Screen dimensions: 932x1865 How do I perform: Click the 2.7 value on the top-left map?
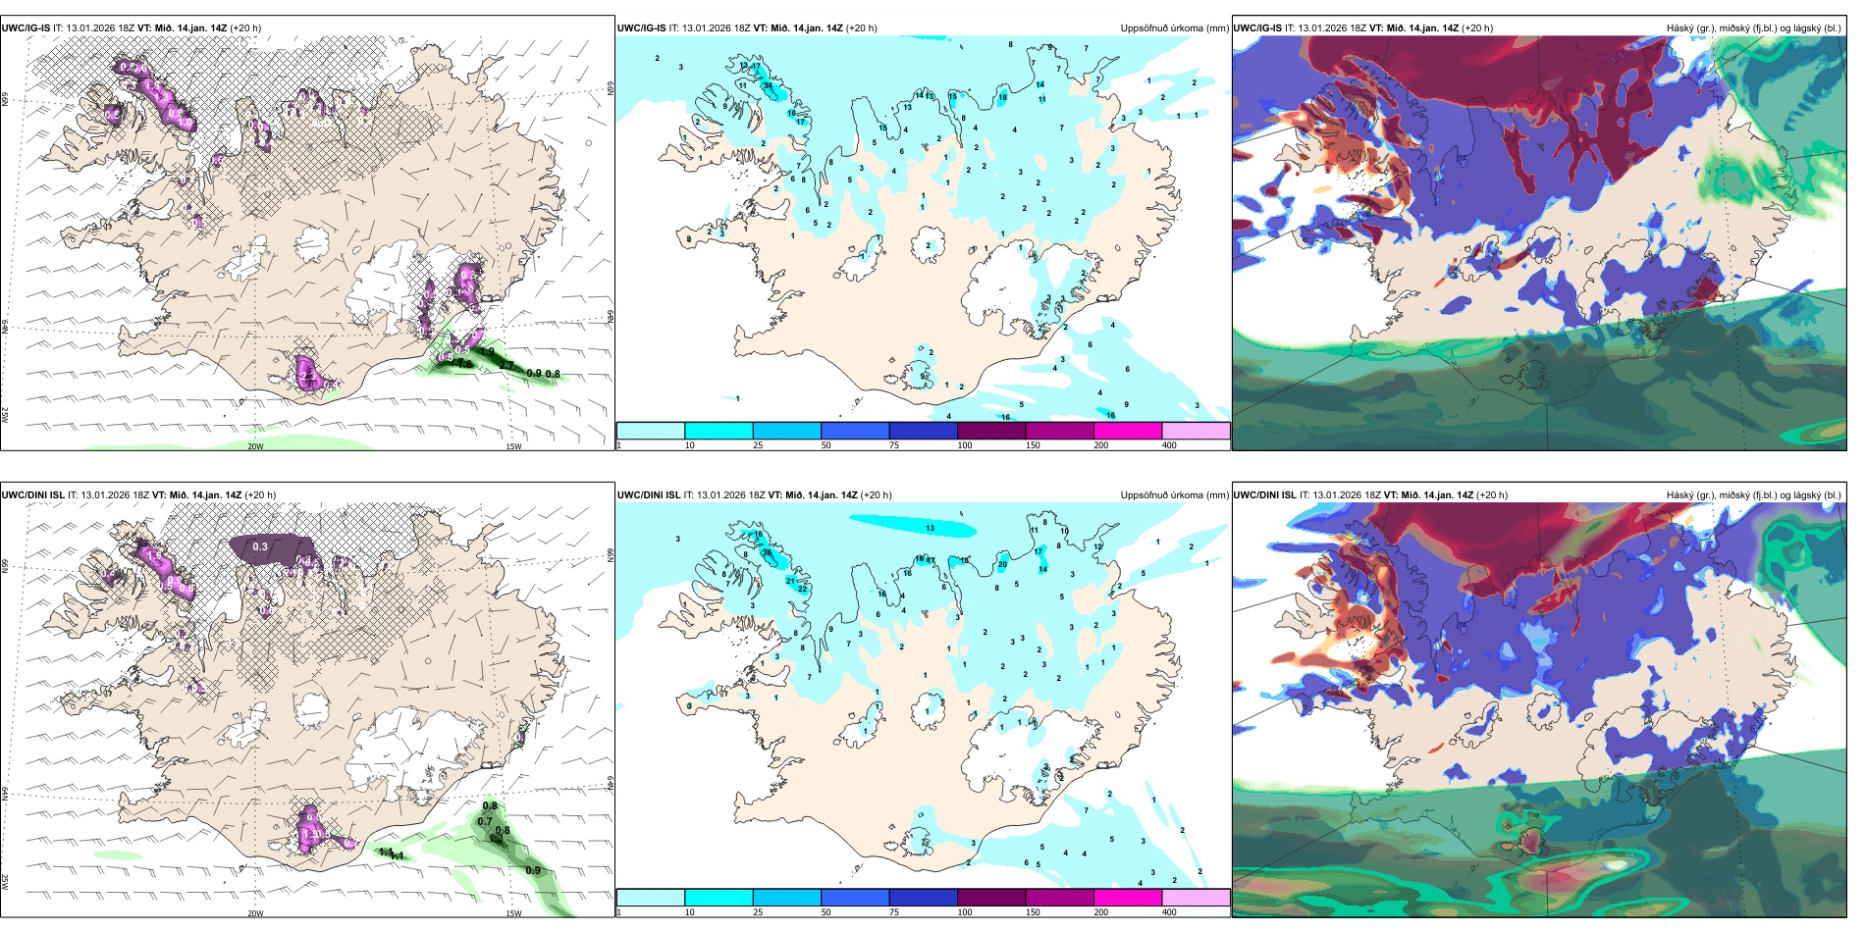[506, 365]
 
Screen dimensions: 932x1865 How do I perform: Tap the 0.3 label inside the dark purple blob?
[260, 546]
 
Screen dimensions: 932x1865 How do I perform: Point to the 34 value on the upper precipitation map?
[769, 85]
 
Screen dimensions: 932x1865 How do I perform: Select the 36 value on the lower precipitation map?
[768, 552]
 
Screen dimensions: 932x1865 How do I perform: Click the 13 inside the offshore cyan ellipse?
[930, 528]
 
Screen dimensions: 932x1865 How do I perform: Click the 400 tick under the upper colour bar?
[1169, 445]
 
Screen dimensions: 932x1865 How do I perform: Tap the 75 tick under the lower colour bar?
[894, 912]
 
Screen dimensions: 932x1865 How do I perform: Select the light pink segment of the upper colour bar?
[1196, 431]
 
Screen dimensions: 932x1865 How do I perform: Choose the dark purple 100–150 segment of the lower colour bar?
[991, 898]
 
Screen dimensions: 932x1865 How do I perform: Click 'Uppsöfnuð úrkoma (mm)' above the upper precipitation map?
[1174, 28]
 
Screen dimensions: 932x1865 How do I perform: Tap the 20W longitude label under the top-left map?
[255, 446]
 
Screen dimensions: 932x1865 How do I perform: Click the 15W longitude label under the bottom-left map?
[512, 913]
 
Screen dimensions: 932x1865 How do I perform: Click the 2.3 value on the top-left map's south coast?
[308, 377]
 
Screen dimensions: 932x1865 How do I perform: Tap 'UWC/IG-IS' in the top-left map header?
[26, 28]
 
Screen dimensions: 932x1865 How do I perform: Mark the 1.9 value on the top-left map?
[487, 351]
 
